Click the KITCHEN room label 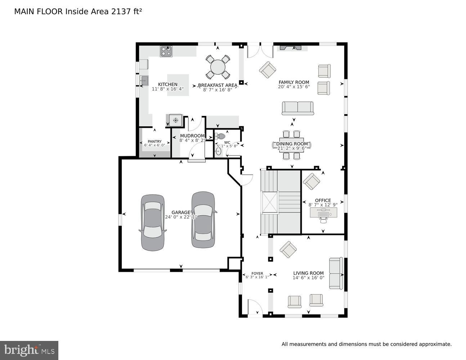click(x=167, y=84)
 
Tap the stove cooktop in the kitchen click(x=166, y=51)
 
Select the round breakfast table click(x=218, y=67)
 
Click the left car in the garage click(x=153, y=222)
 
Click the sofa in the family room click(x=297, y=108)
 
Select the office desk click(x=323, y=213)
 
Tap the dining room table click(x=291, y=145)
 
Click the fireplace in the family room click(x=292, y=48)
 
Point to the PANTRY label click(x=154, y=141)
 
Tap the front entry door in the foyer click(x=255, y=308)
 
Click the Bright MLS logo click(x=29, y=350)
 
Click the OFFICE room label click(x=323, y=201)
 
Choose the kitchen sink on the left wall click(x=144, y=80)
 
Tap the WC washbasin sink click(x=218, y=151)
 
